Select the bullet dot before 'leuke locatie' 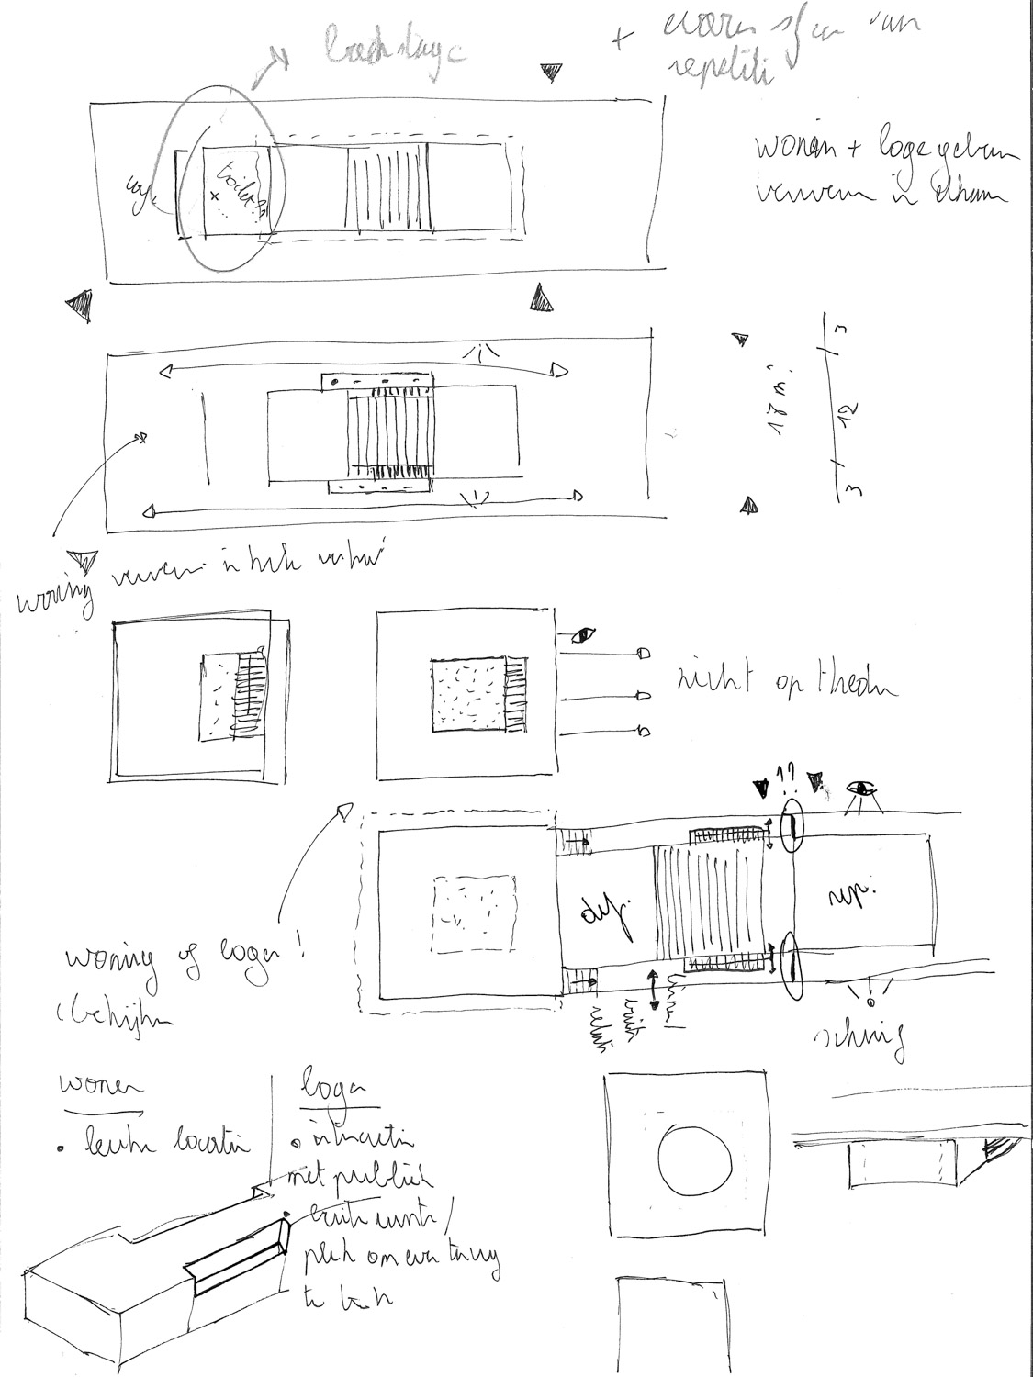point(62,1147)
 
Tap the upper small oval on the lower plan point(792,826)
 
